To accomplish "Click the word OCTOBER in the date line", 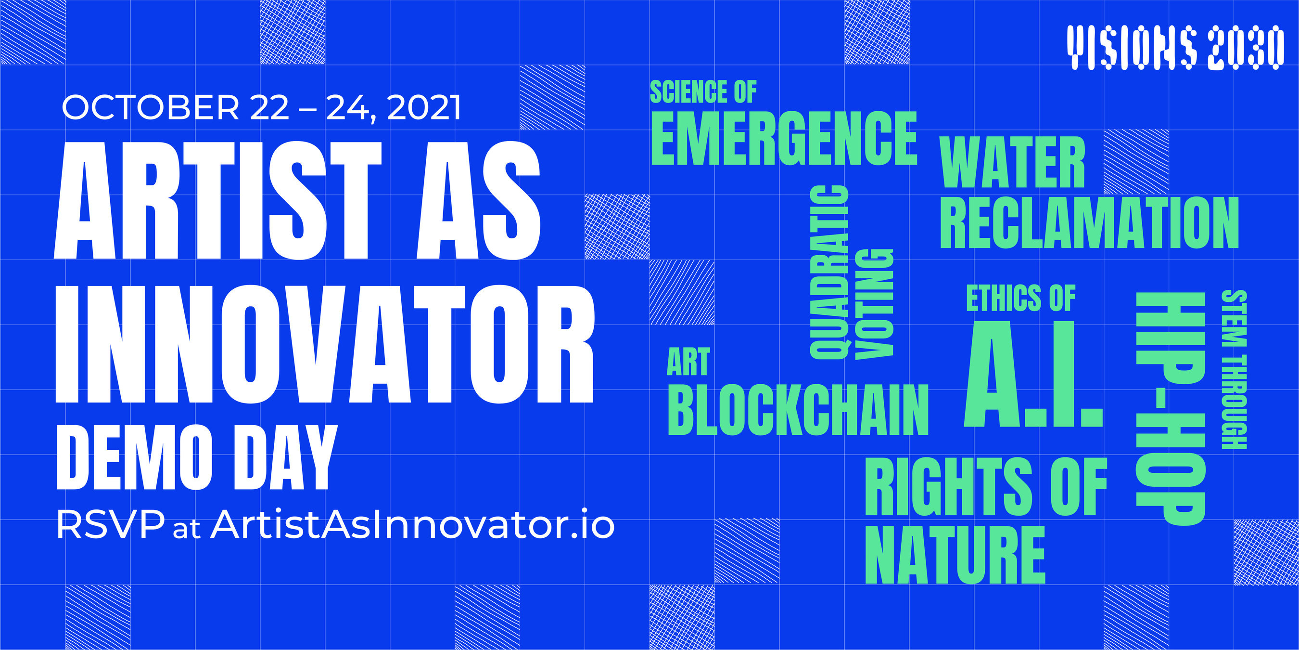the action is tap(150, 107).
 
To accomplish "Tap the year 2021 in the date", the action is tap(423, 107).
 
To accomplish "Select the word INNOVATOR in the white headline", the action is tap(325, 344).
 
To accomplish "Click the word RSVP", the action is tap(111, 525).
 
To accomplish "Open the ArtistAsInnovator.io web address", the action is tap(412, 525).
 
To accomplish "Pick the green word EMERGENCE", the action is tap(784, 138).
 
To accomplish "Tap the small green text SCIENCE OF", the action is tap(703, 92).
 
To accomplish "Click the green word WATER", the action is tap(1013, 163).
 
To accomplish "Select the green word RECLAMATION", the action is tap(1089, 222).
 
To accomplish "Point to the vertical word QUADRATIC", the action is tap(829, 272).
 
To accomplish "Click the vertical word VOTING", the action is tap(874, 304).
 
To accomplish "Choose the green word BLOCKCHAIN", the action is tap(798, 410).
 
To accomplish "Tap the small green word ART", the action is tap(688, 362).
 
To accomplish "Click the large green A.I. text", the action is tap(1034, 374).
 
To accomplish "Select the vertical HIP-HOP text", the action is tap(1171, 409).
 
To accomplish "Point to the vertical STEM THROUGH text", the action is tap(1234, 369).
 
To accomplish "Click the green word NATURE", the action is tap(955, 555).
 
